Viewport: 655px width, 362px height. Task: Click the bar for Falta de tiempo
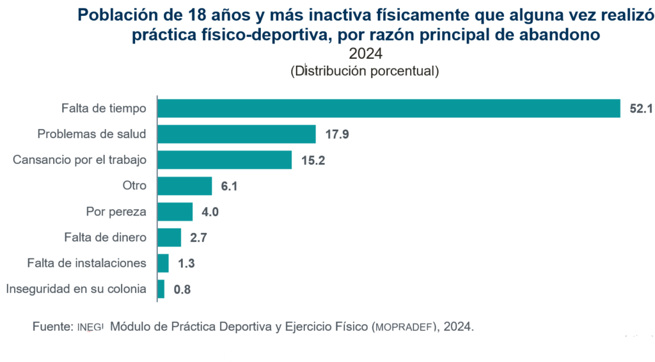[388, 109]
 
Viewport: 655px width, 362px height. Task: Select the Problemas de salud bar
[236, 134]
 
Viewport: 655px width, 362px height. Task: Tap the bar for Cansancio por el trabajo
[224, 160]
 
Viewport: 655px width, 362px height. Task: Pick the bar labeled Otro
[184, 186]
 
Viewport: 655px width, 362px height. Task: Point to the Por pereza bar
[175, 212]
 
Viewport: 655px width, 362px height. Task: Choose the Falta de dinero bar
[169, 237]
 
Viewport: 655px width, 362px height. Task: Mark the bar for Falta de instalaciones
[163, 263]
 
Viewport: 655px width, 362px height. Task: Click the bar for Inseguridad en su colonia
[161, 289]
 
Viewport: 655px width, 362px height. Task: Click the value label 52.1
[640, 109]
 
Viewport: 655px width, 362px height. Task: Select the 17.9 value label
[336, 135]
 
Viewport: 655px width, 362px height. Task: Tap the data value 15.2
[313, 161]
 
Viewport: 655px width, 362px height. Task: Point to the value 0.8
[182, 290]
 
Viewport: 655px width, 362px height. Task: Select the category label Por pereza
[116, 212]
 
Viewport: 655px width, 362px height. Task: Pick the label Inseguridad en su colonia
[76, 289]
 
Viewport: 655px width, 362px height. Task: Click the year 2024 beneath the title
[365, 54]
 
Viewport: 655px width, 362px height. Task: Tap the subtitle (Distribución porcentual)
[365, 70]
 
